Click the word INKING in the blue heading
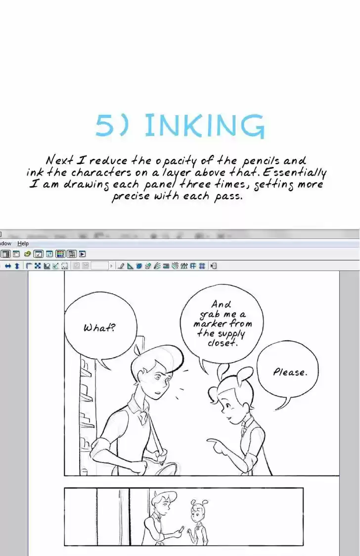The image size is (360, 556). pos(205,125)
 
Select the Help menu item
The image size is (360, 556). pos(23,243)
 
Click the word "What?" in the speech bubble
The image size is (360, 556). pos(99,327)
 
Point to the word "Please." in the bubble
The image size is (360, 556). pos(290,372)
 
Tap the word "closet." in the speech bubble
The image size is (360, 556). pos(222,343)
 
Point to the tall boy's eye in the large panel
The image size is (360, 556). pos(158,378)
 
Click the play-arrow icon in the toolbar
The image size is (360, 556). pos(82,254)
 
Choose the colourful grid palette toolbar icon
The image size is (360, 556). pos(61,254)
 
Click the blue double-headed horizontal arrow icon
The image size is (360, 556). pos(8,266)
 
